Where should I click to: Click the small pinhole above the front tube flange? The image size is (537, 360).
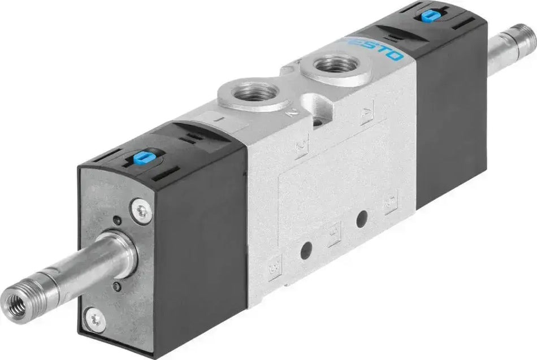(x=116, y=221)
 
